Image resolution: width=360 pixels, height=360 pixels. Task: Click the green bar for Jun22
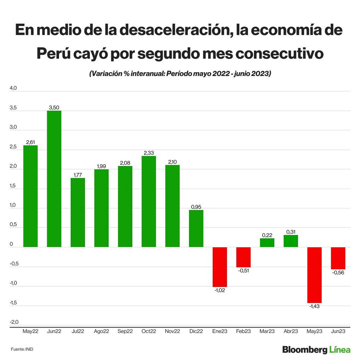point(54,179)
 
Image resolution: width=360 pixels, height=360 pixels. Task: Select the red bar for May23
point(314,275)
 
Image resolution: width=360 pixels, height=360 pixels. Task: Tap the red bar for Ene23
point(220,267)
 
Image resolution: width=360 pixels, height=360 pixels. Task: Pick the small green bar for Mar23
point(267,243)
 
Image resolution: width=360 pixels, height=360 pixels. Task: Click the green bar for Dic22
point(196,229)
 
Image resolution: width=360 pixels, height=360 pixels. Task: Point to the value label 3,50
point(54,107)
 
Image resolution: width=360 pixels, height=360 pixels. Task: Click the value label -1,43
point(314,306)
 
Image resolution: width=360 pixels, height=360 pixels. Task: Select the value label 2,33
point(149,153)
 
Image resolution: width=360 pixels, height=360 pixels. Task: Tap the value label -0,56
point(338,273)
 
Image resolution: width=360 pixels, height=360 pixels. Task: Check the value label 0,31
point(291,232)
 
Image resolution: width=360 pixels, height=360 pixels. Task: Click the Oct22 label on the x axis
point(149,331)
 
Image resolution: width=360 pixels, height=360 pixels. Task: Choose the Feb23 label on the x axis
point(243,331)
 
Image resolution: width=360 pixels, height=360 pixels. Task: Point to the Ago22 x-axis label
point(101,331)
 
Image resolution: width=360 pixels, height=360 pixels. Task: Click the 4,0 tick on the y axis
point(13,88)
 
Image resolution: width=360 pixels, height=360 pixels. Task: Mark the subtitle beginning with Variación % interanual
point(180,73)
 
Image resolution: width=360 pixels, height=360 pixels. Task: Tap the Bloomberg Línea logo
point(316,349)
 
